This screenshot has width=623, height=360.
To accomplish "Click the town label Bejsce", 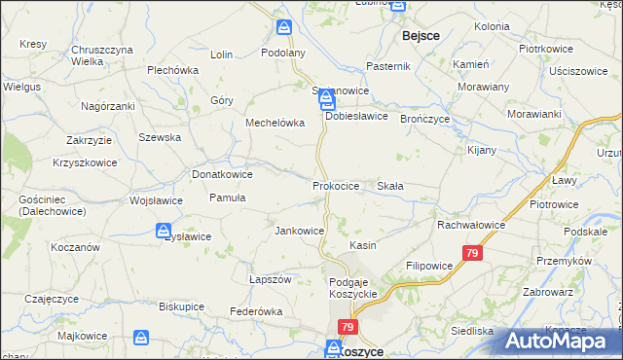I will [x=421, y=35].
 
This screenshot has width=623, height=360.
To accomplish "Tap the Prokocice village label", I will [x=336, y=185].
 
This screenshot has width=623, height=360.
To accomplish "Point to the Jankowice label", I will [x=299, y=231].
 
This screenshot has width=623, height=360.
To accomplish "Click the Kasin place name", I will [x=363, y=246].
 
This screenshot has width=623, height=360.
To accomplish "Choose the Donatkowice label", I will [x=222, y=174].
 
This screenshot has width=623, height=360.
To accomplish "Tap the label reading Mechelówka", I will [x=275, y=124].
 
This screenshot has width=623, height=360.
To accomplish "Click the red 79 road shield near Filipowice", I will [x=472, y=253].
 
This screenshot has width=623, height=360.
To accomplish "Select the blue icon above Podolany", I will [x=283, y=28].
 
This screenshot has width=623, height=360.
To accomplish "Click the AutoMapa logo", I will [x=560, y=340].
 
